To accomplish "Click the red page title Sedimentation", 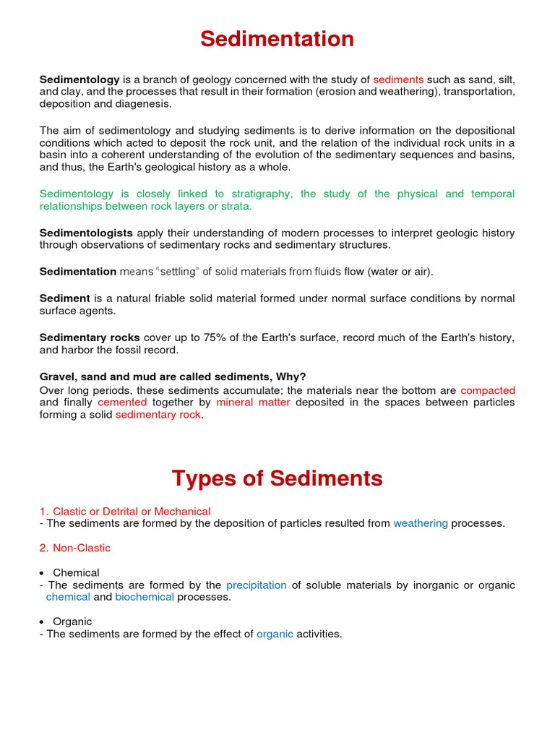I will (x=277, y=39).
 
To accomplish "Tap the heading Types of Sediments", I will (x=277, y=478).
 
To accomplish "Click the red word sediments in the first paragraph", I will (x=398, y=79).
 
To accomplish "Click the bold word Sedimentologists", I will (x=86, y=233).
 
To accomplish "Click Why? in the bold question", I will (x=291, y=377).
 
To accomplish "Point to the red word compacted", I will (x=488, y=390).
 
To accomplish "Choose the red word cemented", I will (x=122, y=403).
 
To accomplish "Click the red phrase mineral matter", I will (x=253, y=403).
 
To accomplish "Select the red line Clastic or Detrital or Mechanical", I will (x=131, y=512).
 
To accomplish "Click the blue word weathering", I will (x=421, y=523).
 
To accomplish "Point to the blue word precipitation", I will (x=257, y=585).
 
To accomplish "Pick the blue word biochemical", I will (x=145, y=597).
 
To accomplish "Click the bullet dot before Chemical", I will (x=43, y=573).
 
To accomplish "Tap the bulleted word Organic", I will (x=72, y=621).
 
